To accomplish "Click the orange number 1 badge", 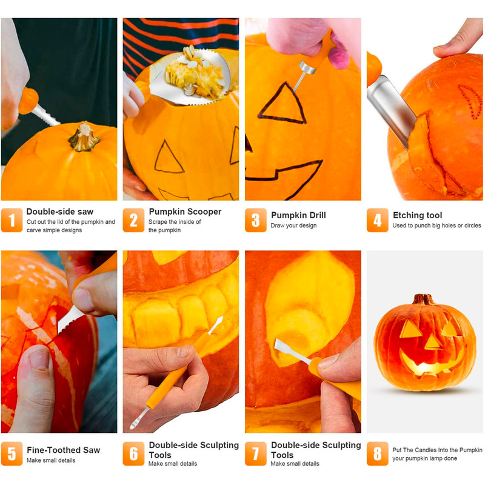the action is click(12, 220).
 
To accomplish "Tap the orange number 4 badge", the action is click(377, 220).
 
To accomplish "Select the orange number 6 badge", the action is click(133, 453).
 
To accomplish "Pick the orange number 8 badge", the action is click(377, 453).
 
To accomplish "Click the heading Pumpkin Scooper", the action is click(185, 212).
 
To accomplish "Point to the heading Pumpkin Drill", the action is click(298, 215).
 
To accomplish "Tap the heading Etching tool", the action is click(417, 215).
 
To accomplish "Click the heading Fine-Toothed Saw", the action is click(64, 450).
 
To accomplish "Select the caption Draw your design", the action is click(293, 226).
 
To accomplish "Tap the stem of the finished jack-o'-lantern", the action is click(423, 299).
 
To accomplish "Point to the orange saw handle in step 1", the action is click(28, 101).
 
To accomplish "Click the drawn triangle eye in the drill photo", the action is click(282, 104).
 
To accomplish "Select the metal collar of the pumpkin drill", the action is click(307, 67).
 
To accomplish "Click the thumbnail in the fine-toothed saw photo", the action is click(39, 359).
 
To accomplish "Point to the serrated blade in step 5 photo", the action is click(70, 320).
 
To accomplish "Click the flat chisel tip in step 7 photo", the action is click(281, 346).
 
